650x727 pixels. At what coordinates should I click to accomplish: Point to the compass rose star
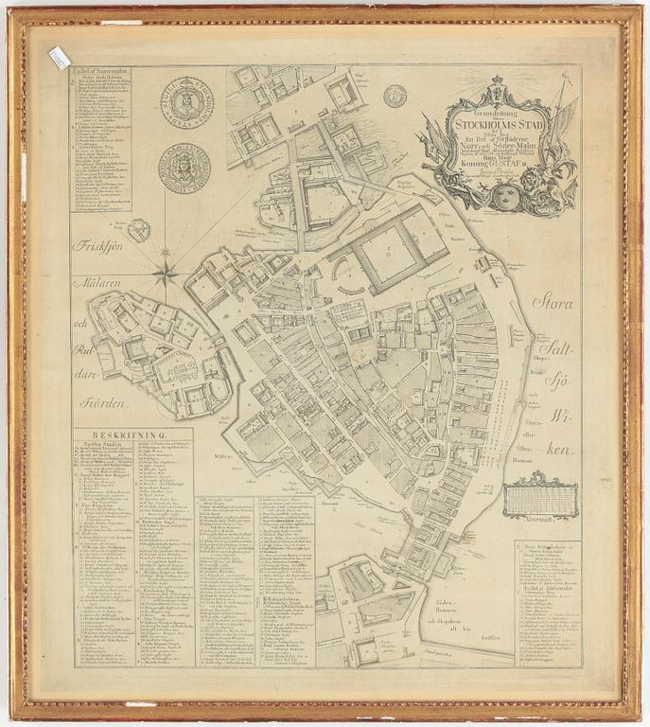[x=166, y=275]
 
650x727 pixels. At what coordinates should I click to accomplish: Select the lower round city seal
[x=184, y=168]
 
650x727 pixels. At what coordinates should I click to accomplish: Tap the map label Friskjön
[x=100, y=244]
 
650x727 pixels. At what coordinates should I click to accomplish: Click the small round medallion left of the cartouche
[x=395, y=95]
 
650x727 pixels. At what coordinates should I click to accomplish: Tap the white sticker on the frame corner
[x=59, y=58]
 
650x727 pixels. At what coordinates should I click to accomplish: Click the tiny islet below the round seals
[x=138, y=230]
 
